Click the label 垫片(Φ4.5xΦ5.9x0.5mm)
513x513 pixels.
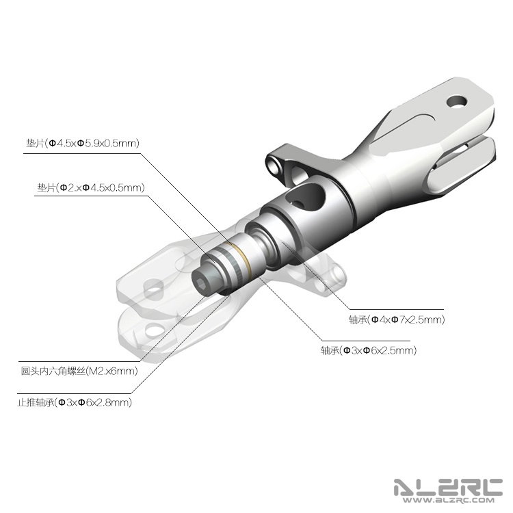tap(83, 144)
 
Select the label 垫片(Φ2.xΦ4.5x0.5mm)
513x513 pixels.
tap(91, 188)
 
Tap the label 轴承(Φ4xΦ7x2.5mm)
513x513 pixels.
tap(397, 319)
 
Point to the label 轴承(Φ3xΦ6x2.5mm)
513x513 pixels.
tap(369, 351)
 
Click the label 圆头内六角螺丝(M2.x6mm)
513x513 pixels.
tap(79, 371)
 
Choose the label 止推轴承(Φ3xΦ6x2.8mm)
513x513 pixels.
tap(75, 402)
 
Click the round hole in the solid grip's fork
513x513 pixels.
tap(457, 101)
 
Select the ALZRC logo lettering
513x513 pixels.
tap(448, 487)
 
